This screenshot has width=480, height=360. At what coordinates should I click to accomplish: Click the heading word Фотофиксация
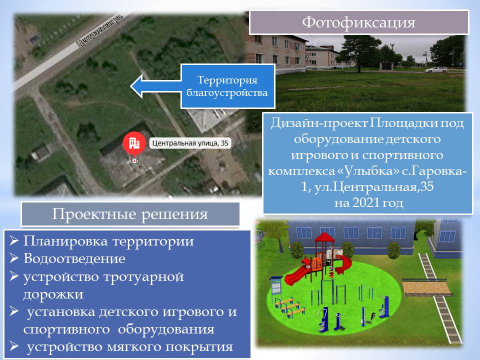pyautogui.click(x=358, y=22)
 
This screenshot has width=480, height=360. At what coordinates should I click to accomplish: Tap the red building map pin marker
pyautogui.click(x=134, y=143)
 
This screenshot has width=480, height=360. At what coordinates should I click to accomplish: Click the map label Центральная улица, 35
pyautogui.click(x=190, y=143)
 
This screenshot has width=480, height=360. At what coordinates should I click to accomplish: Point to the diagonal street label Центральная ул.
pyautogui.click(x=100, y=30)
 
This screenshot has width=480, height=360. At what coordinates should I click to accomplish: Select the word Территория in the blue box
pyautogui.click(x=227, y=80)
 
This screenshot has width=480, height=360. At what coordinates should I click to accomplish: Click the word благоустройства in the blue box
pyautogui.click(x=227, y=92)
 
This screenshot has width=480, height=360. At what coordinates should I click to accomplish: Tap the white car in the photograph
pyautogui.click(x=436, y=69)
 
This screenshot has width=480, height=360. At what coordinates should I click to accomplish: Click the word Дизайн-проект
pyautogui.click(x=319, y=123)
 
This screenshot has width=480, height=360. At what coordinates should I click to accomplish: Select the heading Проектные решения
pyautogui.click(x=130, y=214)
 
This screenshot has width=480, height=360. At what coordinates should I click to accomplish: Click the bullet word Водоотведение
pyautogui.click(x=74, y=258)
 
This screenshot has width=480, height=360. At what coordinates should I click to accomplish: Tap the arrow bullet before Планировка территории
pyautogui.click(x=14, y=240)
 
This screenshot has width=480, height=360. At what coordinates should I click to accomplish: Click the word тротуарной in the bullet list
pyautogui.click(x=143, y=277)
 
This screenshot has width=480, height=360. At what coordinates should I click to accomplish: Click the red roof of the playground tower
pyautogui.click(x=325, y=237)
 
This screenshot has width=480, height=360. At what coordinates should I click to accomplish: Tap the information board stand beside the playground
pyautogui.click(x=276, y=288)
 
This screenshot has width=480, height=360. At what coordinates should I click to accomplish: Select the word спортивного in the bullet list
pyautogui.click(x=66, y=329)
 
